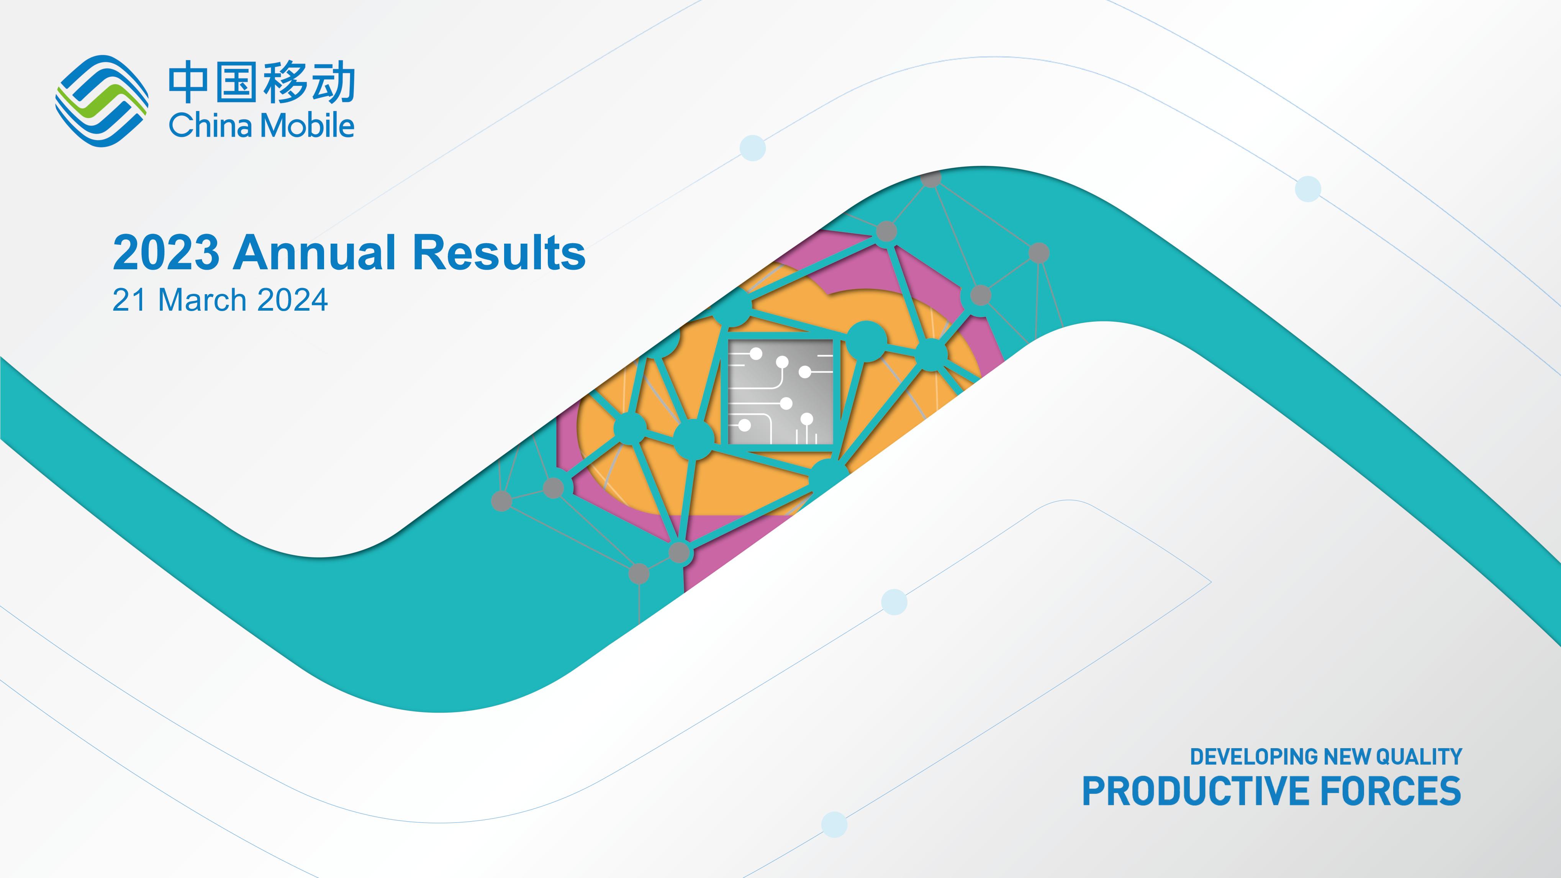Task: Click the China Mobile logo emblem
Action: (102, 101)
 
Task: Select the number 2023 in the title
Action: (166, 253)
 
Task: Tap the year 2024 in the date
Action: (293, 300)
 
